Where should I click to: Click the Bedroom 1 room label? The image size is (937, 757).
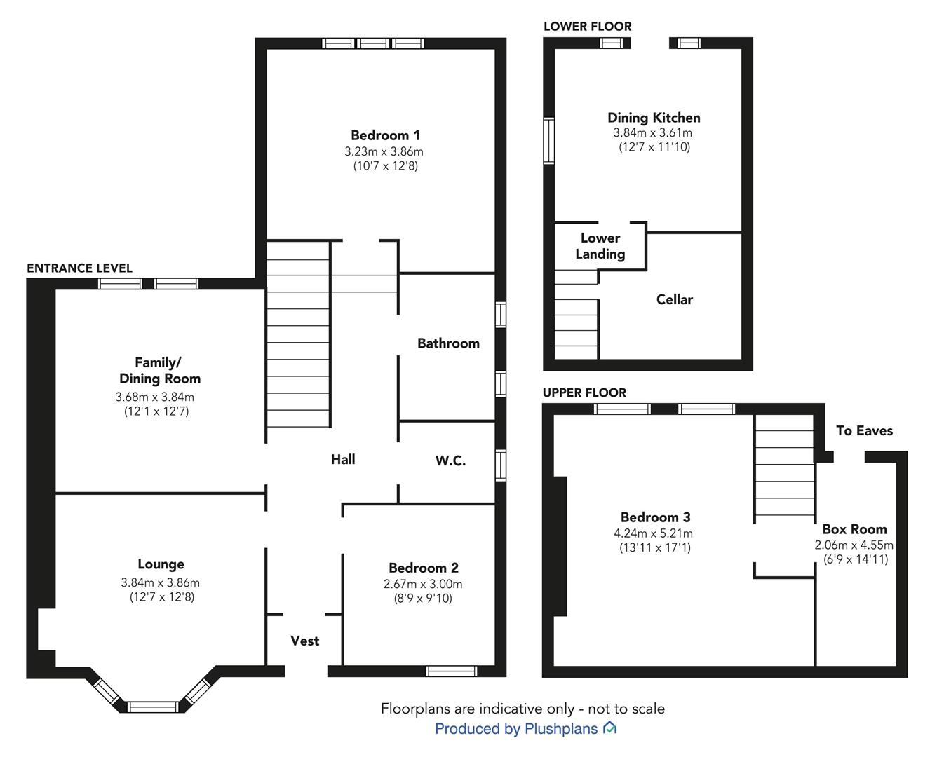pos(385,135)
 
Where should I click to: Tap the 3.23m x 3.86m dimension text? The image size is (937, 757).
pos(384,151)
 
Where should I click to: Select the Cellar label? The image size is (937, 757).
pos(675,299)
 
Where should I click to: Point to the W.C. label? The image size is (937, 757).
pos(450,461)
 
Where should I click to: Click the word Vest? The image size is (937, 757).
pos(305,641)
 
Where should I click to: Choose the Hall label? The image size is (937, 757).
pos(343,459)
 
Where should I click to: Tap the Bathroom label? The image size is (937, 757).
pos(448,343)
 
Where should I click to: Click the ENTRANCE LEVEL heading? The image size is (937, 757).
pos(79,268)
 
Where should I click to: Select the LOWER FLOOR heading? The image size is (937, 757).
pos(587,27)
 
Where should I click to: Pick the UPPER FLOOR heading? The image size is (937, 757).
pos(584,393)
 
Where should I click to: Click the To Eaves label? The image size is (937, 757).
pos(865,430)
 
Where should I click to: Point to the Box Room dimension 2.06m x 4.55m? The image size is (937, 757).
pos(854,545)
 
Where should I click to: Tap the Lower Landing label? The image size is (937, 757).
pos(600,246)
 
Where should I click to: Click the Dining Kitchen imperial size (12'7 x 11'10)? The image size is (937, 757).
pos(654,146)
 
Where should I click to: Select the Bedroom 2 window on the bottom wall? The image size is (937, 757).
pos(452,671)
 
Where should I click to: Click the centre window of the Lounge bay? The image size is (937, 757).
pos(153,707)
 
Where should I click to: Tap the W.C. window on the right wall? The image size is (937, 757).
pos(501,465)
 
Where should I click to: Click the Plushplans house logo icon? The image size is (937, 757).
pos(609,728)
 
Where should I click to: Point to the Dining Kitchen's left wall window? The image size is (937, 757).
pos(548,141)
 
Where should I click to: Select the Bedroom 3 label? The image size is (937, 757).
pos(656,517)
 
